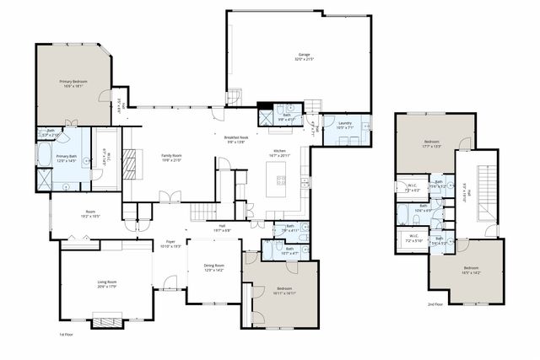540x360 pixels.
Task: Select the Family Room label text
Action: [172, 155]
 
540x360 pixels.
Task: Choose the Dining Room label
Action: [213, 266]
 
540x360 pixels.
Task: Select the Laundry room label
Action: [344, 123]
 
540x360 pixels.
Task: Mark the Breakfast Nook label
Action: [236, 137]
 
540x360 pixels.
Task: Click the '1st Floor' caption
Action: [66, 334]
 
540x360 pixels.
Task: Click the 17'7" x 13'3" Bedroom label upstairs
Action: [431, 142]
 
